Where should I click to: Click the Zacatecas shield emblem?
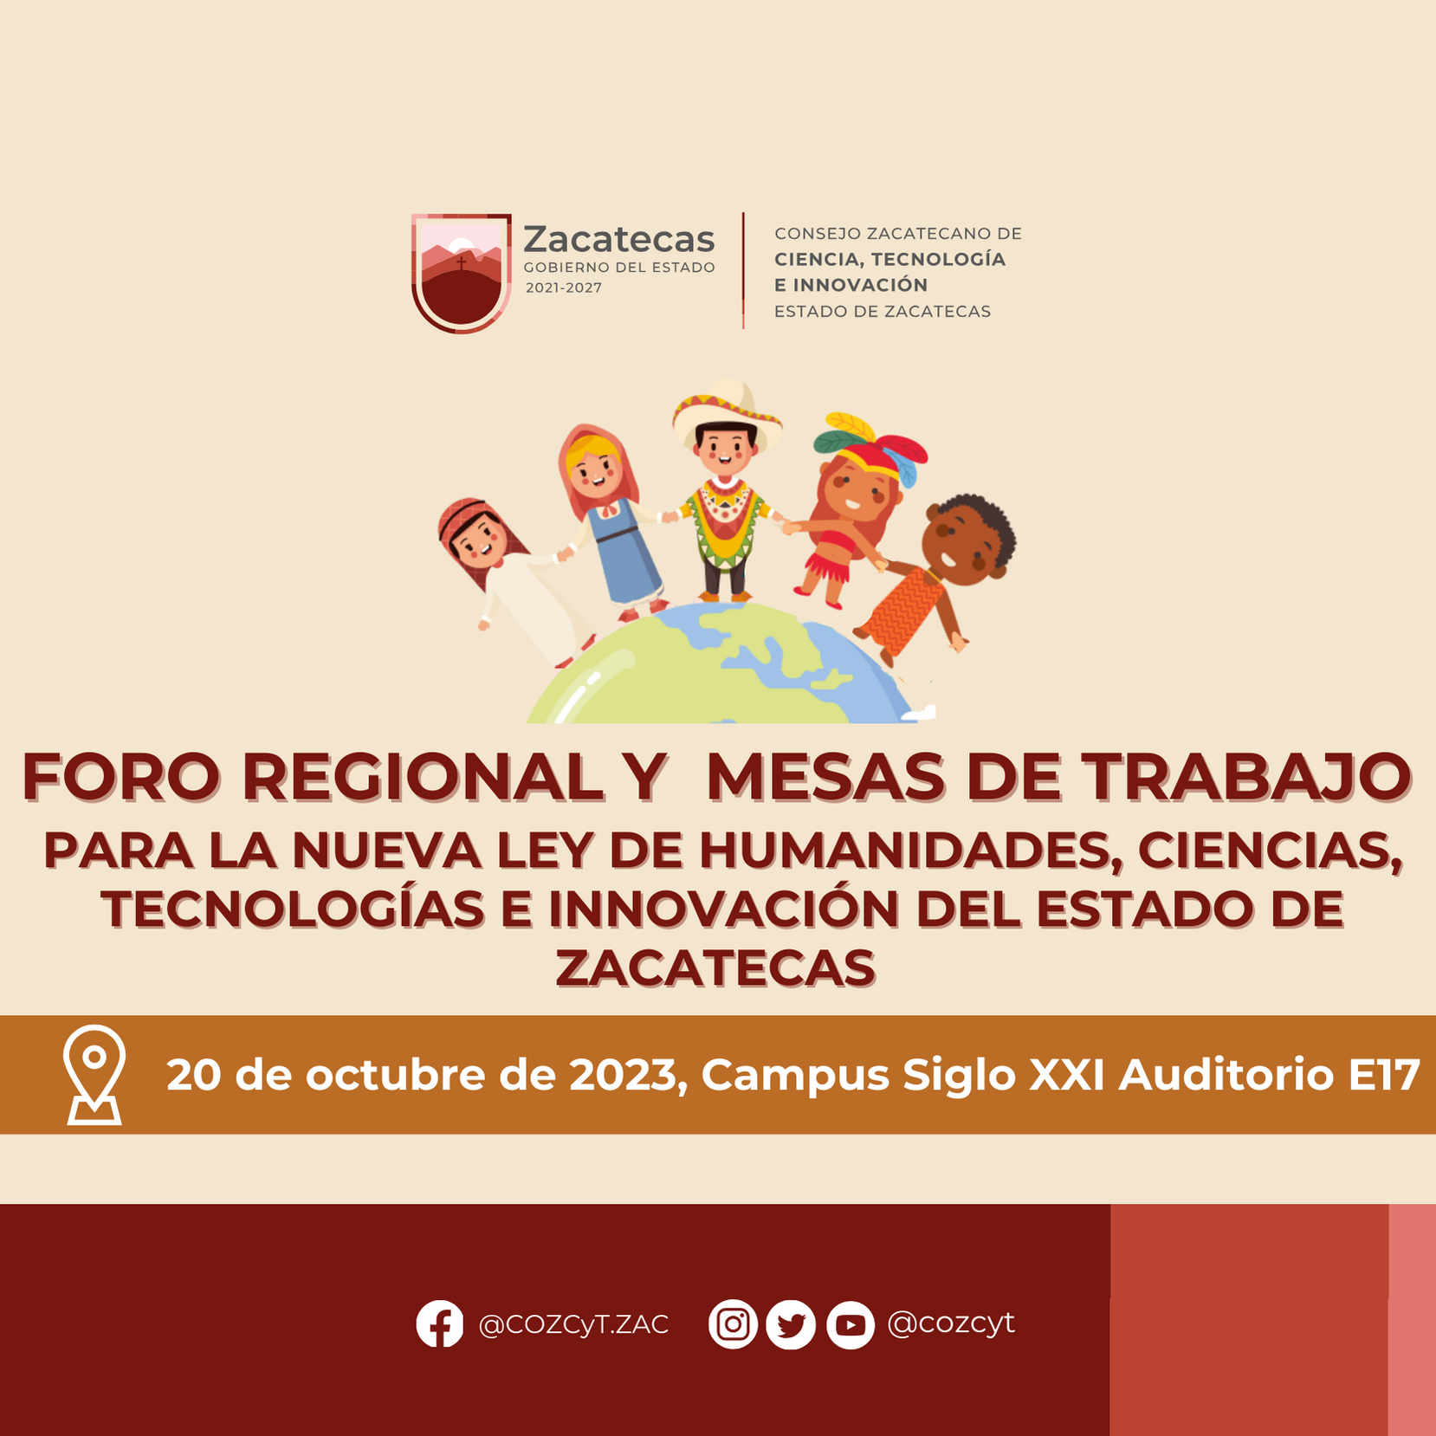(x=461, y=273)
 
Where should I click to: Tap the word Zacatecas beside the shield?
(x=619, y=238)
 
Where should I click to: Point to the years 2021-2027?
(x=563, y=288)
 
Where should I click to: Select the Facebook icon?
(x=440, y=1323)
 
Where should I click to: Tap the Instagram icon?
(x=733, y=1324)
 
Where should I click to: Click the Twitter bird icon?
(x=791, y=1324)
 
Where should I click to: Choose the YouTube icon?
(x=850, y=1324)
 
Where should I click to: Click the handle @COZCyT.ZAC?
(x=573, y=1324)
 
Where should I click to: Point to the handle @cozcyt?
(x=951, y=1323)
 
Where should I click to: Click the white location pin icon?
(x=94, y=1075)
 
